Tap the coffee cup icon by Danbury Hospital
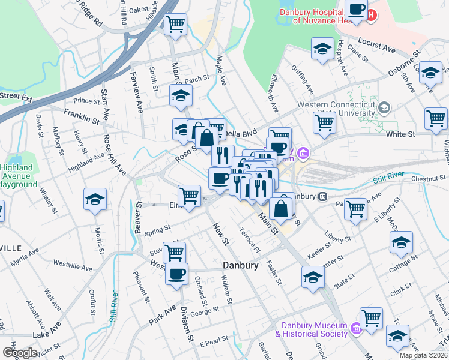pos(357,10)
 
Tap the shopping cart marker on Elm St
pos(189,196)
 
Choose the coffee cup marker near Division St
pos(176,274)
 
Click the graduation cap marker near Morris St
pos(95,199)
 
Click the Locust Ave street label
pos(378,43)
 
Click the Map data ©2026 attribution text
pos(424,355)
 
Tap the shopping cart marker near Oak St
pos(175,25)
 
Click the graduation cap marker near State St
pos(313,277)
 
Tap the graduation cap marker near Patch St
pos(180,95)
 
